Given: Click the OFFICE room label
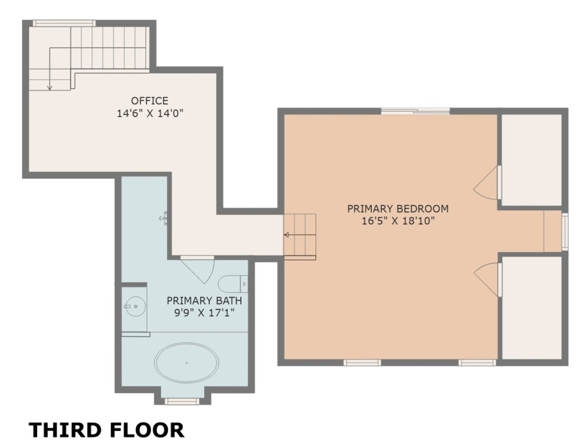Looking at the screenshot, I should (149, 100).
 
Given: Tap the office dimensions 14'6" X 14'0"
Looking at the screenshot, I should (149, 112).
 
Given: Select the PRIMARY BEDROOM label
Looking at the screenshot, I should (397, 209).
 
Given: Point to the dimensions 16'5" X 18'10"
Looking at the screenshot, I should (397, 221).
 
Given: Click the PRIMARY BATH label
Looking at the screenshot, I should (204, 301).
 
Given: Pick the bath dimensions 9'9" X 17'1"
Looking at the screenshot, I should (204, 313).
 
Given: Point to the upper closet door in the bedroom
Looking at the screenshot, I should (488, 182).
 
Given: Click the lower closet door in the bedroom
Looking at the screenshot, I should (488, 280).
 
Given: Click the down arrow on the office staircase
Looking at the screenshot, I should (50, 86).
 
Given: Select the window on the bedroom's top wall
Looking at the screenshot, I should (415, 111).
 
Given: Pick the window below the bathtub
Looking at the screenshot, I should (182, 401).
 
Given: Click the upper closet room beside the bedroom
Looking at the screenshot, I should (531, 159).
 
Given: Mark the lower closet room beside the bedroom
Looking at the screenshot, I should (531, 307).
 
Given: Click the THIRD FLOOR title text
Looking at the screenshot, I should (106, 430).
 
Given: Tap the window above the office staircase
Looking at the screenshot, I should (64, 23).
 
